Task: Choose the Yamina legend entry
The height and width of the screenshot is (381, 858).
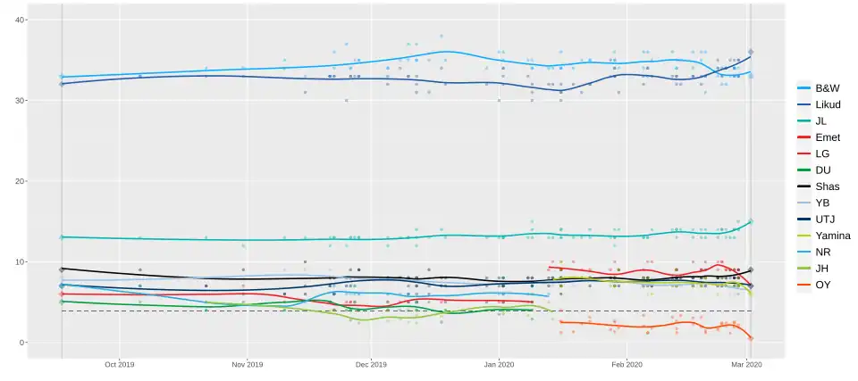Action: click(825, 235)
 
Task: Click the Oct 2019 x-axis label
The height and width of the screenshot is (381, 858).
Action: click(119, 365)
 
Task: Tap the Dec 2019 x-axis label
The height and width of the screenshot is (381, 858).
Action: click(371, 365)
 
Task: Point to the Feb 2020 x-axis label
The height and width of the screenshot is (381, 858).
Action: click(627, 365)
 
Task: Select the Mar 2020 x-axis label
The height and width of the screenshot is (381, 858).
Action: click(746, 365)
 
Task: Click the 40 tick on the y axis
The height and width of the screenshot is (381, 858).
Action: click(20, 21)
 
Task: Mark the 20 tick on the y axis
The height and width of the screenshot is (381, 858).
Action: click(20, 182)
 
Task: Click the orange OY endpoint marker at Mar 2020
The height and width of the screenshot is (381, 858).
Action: click(751, 338)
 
